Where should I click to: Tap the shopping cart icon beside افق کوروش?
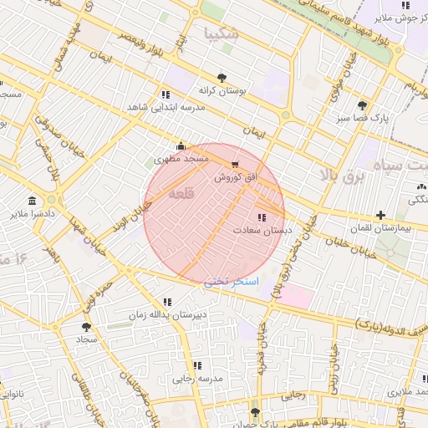(234, 165)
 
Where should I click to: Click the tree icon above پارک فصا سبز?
(361, 105)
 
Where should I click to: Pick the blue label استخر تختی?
(232, 282)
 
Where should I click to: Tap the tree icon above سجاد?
(86, 327)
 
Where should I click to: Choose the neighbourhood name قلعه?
(181, 193)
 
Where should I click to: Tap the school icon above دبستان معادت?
(262, 217)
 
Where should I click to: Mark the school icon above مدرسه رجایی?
(197, 365)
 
